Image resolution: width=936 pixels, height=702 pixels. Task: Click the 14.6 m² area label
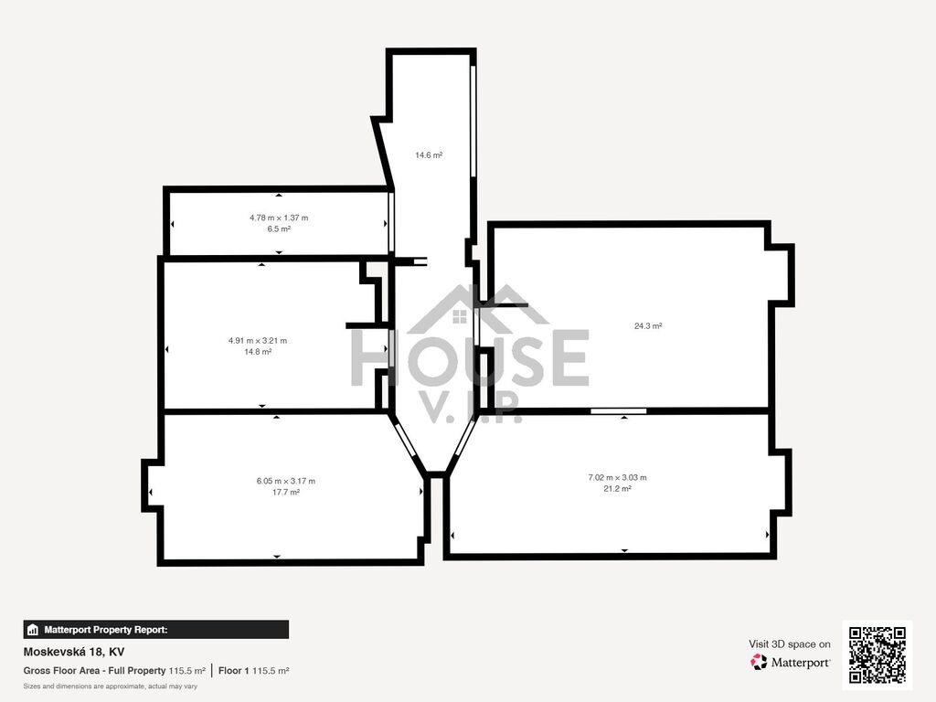429,155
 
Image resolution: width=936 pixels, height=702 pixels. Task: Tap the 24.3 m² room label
648,326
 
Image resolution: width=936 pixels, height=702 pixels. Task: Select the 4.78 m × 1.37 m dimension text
279,218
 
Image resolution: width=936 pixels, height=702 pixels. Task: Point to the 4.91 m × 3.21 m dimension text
257,341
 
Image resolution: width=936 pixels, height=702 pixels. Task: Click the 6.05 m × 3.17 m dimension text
286,481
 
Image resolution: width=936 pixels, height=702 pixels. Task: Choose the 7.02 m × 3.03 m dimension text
617,477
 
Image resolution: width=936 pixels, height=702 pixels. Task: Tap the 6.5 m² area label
279,229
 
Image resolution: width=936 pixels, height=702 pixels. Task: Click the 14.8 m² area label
257,352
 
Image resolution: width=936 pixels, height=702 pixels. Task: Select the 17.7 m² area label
286,492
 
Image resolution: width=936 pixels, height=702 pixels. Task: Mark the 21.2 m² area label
617,488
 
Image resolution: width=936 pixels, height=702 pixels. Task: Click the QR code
877,654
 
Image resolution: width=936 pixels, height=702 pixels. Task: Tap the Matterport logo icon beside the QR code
759,662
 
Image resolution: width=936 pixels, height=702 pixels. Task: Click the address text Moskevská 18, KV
74,652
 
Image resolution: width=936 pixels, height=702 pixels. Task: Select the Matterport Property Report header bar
155,630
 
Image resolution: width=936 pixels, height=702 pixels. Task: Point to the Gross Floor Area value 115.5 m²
186,671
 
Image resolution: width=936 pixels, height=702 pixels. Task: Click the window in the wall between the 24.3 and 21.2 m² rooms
619,410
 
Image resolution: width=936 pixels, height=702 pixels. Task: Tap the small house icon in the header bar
33,630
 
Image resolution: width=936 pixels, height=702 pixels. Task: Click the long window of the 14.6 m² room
473,121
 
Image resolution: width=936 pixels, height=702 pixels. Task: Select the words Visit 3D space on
789,644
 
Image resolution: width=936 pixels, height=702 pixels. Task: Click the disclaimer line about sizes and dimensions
111,686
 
